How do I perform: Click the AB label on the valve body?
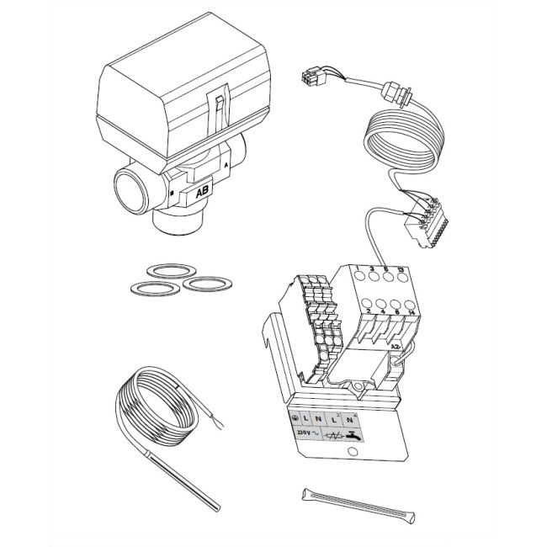[202, 192]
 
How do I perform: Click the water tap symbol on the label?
[357, 436]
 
